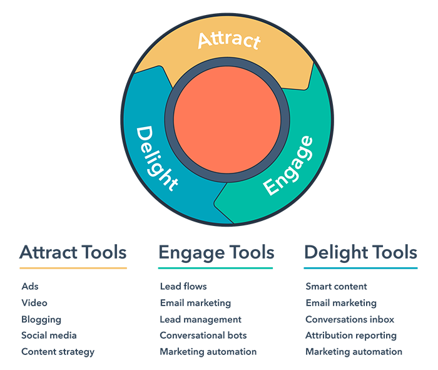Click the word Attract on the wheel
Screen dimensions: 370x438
tap(228, 41)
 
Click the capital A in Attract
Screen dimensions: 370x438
tap(205, 41)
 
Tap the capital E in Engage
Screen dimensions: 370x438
tap(272, 187)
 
